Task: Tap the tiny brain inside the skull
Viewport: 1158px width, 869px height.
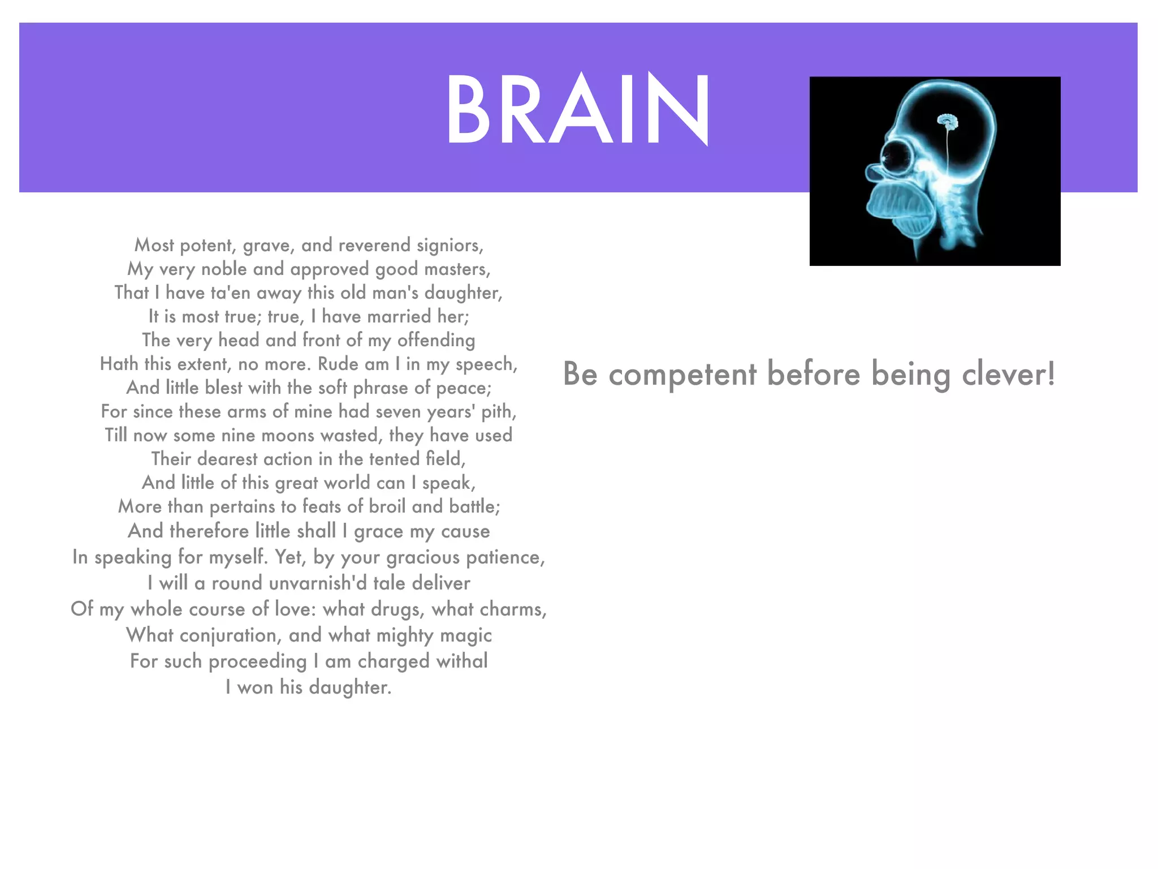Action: pyautogui.click(x=947, y=121)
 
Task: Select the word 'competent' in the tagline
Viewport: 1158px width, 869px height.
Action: pyautogui.click(x=682, y=375)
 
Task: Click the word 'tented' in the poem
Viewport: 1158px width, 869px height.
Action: pyautogui.click(x=394, y=459)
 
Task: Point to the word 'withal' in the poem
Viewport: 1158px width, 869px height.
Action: pyautogui.click(x=462, y=661)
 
